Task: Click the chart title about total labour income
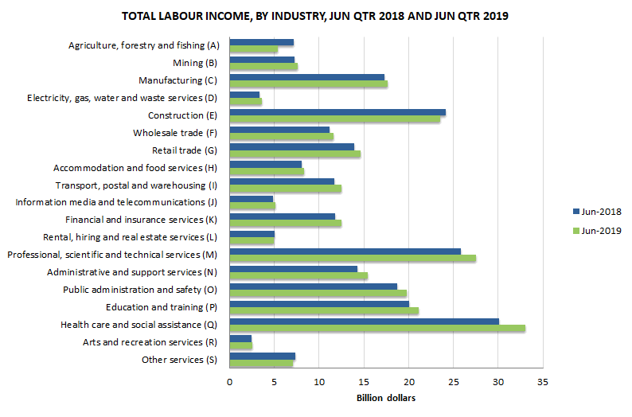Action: pyautogui.click(x=315, y=16)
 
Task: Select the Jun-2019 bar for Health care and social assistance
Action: pyautogui.click(x=376, y=328)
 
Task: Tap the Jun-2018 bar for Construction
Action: pyautogui.click(x=337, y=112)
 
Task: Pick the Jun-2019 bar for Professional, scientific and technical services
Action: pyautogui.click(x=352, y=258)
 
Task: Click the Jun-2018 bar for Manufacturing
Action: pyautogui.click(x=306, y=77)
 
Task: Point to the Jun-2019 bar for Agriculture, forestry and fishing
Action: pyautogui.click(x=253, y=49)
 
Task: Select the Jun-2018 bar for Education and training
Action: pyautogui.click(x=318, y=304)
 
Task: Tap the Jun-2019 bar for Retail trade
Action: pyautogui.click(x=295, y=154)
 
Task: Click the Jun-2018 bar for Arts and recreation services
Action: pyautogui.click(x=240, y=338)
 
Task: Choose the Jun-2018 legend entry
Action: pyautogui.click(x=596, y=212)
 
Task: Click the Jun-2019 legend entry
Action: pyautogui.click(x=596, y=231)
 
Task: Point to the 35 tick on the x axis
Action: pyautogui.click(x=543, y=381)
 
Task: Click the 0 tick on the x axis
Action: pyautogui.click(x=229, y=381)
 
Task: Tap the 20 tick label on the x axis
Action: pyautogui.click(x=408, y=381)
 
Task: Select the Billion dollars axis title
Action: pyautogui.click(x=385, y=398)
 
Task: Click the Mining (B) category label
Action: pyautogui.click(x=194, y=63)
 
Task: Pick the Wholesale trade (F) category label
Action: pyautogui.click(x=172, y=133)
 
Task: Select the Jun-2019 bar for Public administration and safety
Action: pyautogui.click(x=318, y=293)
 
